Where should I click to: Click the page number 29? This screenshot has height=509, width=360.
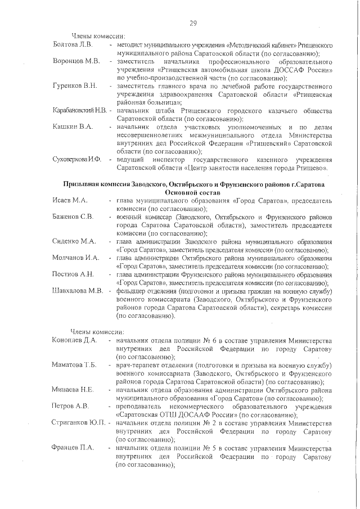click(192, 23)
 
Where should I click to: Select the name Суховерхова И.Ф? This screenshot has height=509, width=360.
click(76, 160)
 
